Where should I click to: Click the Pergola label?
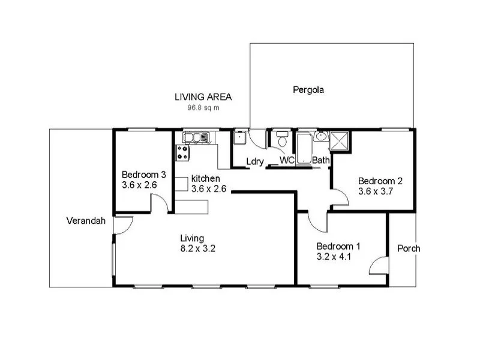(308, 91)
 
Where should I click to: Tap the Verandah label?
(86, 221)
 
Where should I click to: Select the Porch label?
(409, 248)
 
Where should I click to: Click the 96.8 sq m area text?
(203, 109)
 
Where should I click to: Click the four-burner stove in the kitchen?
(183, 152)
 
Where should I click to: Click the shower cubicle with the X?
(340, 142)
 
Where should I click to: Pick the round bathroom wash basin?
(321, 137)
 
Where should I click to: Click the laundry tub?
(241, 139)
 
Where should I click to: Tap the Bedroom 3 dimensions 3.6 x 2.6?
(139, 185)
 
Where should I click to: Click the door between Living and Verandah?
(122, 225)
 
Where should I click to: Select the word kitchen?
(206, 179)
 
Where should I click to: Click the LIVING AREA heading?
(203, 97)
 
